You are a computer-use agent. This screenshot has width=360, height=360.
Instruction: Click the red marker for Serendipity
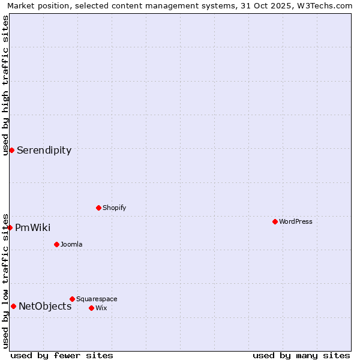point(11,150)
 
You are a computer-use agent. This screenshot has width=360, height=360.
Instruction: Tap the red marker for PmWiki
point(10,227)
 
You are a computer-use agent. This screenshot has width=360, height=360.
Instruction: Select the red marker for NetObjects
point(13,306)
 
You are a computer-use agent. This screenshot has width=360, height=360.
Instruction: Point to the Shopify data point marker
point(98,208)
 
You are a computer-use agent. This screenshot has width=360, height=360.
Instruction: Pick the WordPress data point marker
point(275,221)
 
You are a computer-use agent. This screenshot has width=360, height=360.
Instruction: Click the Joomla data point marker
point(56,244)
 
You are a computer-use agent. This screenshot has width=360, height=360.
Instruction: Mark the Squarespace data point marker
point(72,299)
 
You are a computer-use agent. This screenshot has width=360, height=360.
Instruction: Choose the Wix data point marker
point(91,308)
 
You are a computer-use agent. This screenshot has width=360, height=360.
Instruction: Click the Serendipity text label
point(44,150)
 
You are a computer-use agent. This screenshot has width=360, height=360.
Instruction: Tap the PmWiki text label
point(32,227)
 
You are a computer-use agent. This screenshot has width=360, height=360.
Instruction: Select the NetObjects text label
point(45,306)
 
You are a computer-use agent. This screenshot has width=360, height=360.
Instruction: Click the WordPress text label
point(296,221)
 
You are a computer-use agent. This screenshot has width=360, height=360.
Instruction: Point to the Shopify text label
point(115,208)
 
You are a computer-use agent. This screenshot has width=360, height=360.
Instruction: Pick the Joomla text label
point(71,244)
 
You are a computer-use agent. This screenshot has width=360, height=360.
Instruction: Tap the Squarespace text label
point(97,299)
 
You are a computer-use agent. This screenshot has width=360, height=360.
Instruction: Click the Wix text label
point(101,308)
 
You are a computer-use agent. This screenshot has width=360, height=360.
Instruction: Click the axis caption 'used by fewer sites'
point(62,355)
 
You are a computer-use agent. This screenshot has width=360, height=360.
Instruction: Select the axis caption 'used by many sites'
point(301,355)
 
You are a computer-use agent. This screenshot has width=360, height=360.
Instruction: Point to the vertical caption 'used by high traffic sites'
point(5,85)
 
